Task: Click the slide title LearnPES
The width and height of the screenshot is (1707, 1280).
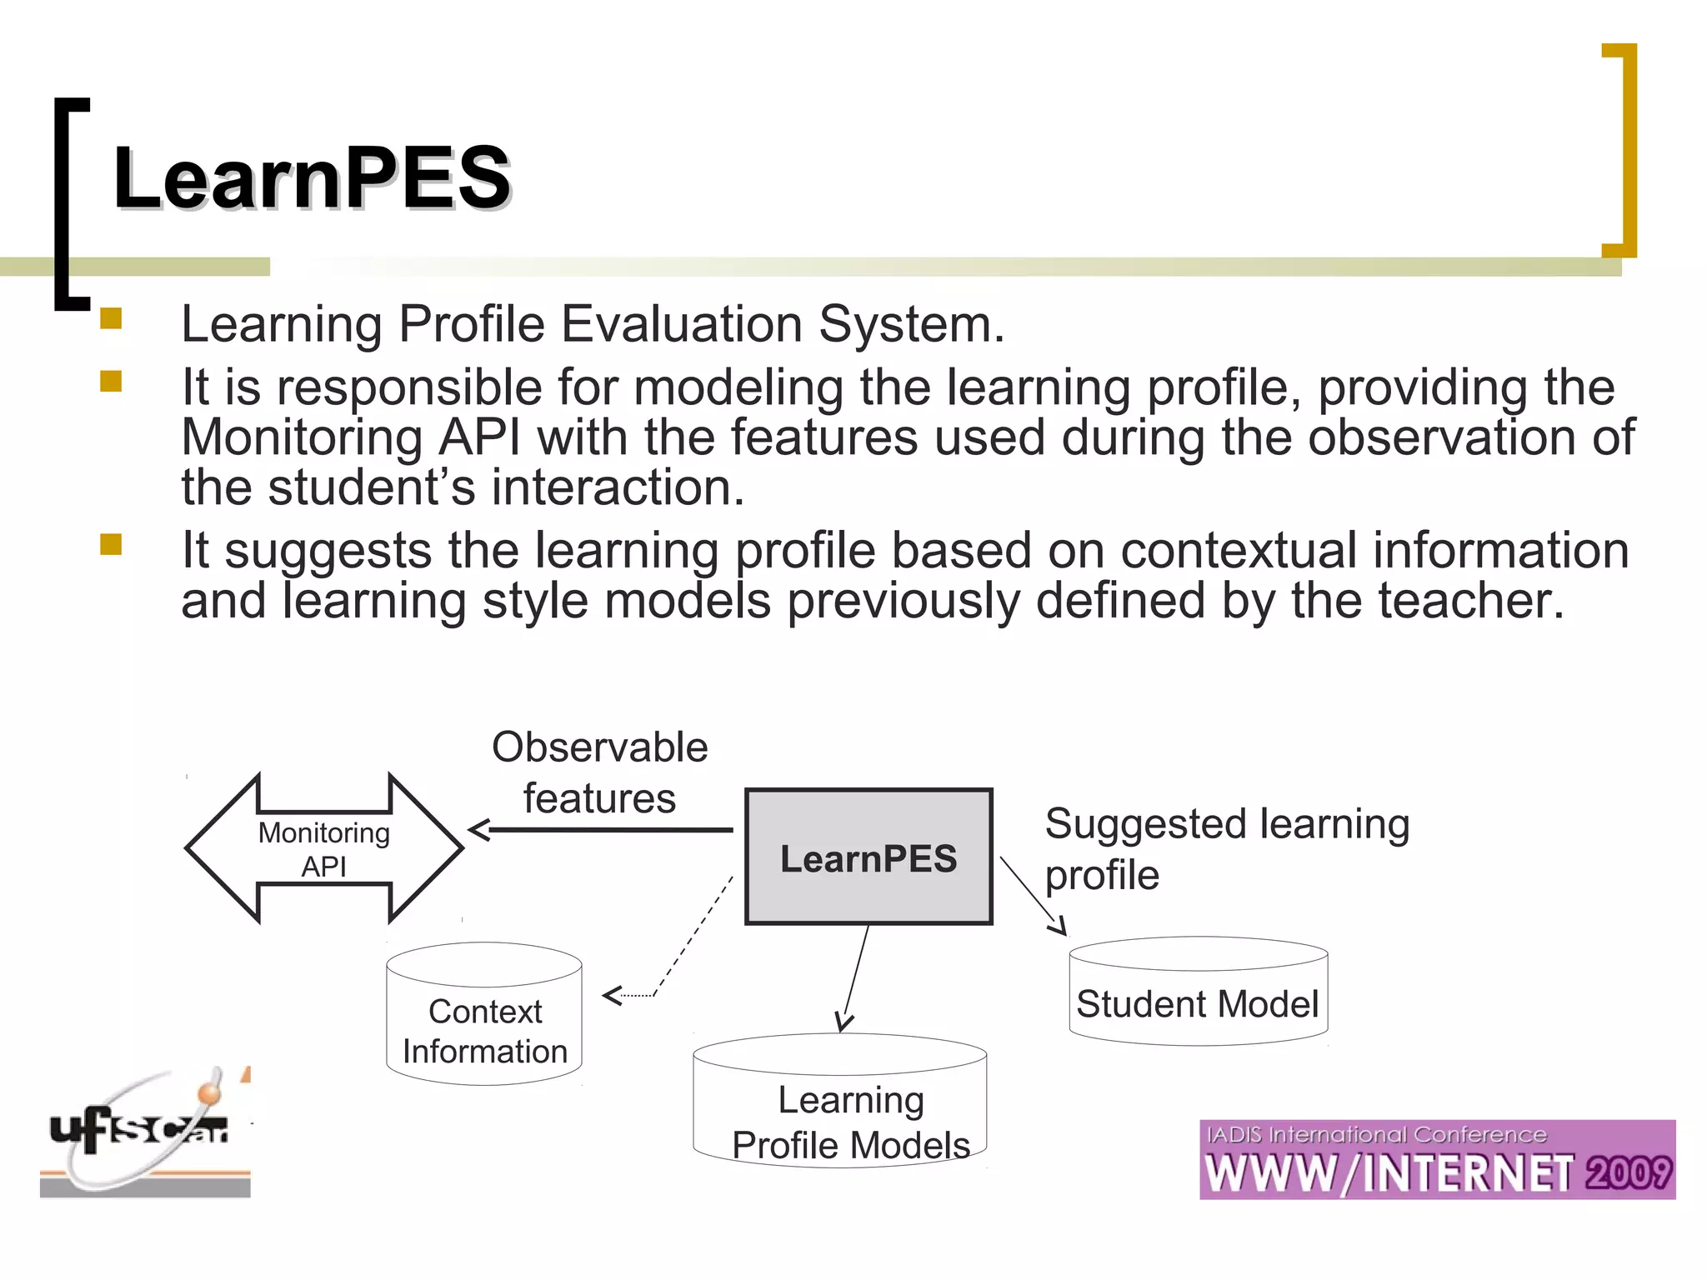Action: point(312,177)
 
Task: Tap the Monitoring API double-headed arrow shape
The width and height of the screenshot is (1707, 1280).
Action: point(324,848)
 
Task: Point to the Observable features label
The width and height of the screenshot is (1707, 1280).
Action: point(599,772)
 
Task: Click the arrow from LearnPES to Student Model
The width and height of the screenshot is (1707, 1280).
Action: point(1032,895)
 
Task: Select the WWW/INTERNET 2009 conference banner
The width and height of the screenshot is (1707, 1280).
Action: point(1437,1160)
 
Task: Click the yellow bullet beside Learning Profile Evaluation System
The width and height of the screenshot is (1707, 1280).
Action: point(111,319)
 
